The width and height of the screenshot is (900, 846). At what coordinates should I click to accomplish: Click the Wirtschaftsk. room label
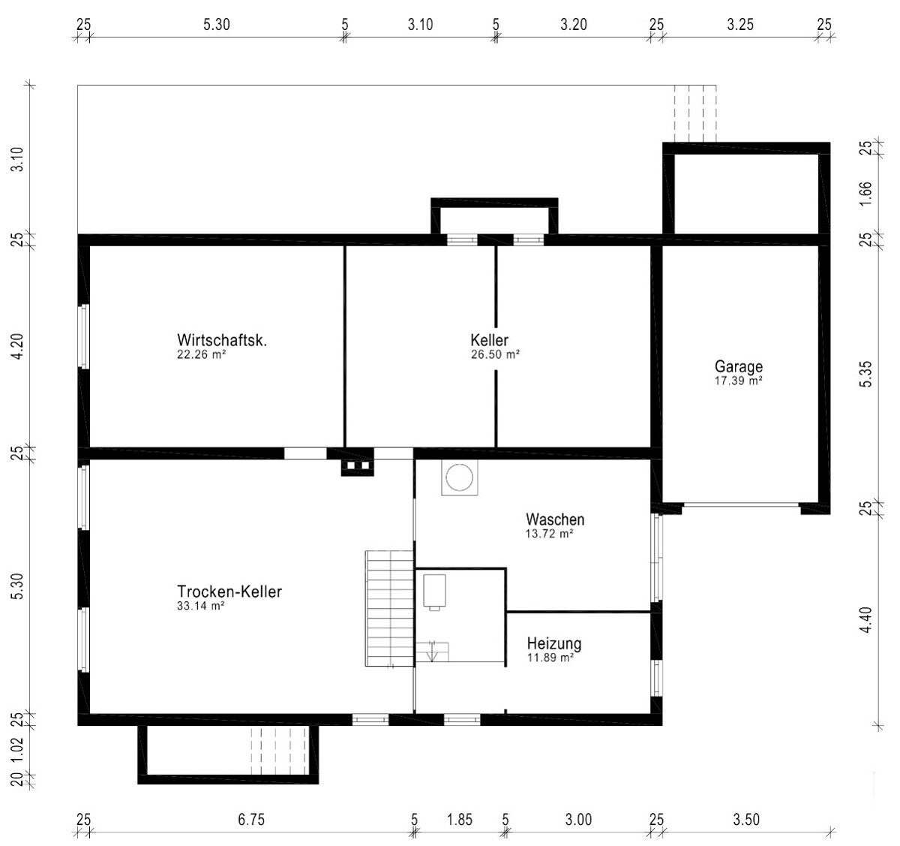tap(222, 340)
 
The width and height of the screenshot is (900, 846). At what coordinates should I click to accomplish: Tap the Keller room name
tap(490, 340)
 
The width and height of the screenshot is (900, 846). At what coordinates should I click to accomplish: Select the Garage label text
tap(739, 367)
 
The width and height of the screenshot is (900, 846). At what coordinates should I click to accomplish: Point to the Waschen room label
tap(555, 519)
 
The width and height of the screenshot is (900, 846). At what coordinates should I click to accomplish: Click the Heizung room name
tap(554, 643)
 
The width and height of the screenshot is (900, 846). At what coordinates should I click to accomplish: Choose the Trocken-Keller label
tap(229, 592)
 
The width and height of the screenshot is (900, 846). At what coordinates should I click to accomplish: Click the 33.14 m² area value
tap(201, 606)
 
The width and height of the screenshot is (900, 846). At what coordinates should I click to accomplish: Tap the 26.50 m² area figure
tap(495, 355)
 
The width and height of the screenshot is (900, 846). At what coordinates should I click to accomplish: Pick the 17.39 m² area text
tap(738, 381)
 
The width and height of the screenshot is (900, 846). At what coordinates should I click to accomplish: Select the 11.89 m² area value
tap(550, 658)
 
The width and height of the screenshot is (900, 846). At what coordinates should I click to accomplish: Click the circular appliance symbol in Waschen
tap(460, 477)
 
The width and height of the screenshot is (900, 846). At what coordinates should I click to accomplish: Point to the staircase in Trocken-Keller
tap(390, 608)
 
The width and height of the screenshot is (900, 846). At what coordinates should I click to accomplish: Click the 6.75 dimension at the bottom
tap(251, 820)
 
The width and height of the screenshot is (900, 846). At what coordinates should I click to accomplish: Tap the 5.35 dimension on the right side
tap(865, 375)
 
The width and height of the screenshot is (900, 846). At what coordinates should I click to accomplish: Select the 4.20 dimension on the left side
tap(17, 346)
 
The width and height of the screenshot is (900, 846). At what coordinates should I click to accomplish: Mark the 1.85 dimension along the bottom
tap(460, 820)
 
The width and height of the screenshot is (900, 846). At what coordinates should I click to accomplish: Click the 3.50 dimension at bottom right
tap(746, 820)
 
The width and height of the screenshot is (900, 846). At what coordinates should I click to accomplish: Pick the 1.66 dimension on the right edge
tap(865, 193)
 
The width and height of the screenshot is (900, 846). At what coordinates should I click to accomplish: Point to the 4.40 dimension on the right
tap(865, 620)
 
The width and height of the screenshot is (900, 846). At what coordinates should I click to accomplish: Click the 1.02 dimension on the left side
tap(17, 754)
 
